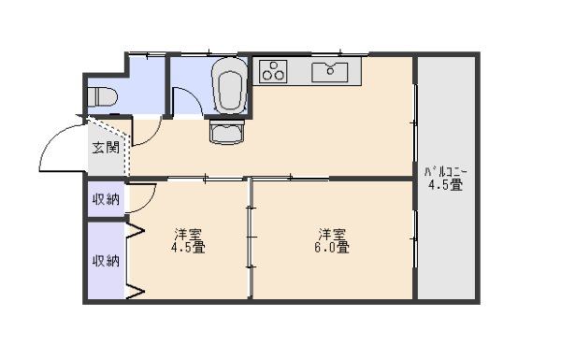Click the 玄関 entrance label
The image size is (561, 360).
pyautogui.click(x=106, y=147)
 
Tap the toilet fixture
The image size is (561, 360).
pyautogui.click(x=102, y=97)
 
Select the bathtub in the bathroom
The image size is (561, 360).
pyautogui.click(x=229, y=86)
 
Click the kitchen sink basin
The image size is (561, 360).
pyautogui.click(x=329, y=72)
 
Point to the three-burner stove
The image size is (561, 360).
pyautogui.click(x=273, y=71)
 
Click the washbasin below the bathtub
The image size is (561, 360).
pyautogui.click(x=227, y=132)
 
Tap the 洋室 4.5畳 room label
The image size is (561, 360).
pyautogui.click(x=188, y=240)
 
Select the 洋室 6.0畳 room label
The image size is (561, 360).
pyautogui.click(x=332, y=240)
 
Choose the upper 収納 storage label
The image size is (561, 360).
pyautogui.click(x=106, y=199)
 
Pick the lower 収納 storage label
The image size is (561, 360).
pyautogui.click(x=106, y=261)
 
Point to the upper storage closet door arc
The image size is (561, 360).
pyautogui.click(x=150, y=204)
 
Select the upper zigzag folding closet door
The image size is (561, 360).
pyautogui.click(x=136, y=231)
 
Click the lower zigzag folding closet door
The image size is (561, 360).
pyautogui.click(x=136, y=289)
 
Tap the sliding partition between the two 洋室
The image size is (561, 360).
pyautogui.click(x=251, y=238)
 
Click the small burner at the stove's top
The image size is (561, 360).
pyautogui.click(x=274, y=65)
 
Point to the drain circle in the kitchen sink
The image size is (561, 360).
pyautogui.click(x=330, y=71)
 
